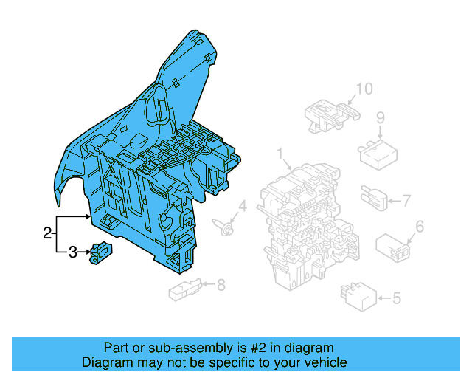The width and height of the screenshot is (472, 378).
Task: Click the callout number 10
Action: coord(364,90)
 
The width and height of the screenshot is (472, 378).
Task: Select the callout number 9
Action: coord(381,117)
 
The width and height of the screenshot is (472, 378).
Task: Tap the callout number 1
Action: coord(281,154)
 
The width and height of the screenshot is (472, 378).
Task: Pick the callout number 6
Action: coord(420,227)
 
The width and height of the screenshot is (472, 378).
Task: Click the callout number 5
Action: coord(397,298)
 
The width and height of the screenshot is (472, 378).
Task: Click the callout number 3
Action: coord(72,253)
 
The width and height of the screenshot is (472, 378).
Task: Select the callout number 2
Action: coord(47,234)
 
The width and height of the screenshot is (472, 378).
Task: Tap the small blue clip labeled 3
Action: coord(99,252)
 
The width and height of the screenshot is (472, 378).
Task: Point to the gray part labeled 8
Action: coord(184,291)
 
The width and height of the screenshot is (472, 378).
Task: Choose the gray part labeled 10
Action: coord(328,113)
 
